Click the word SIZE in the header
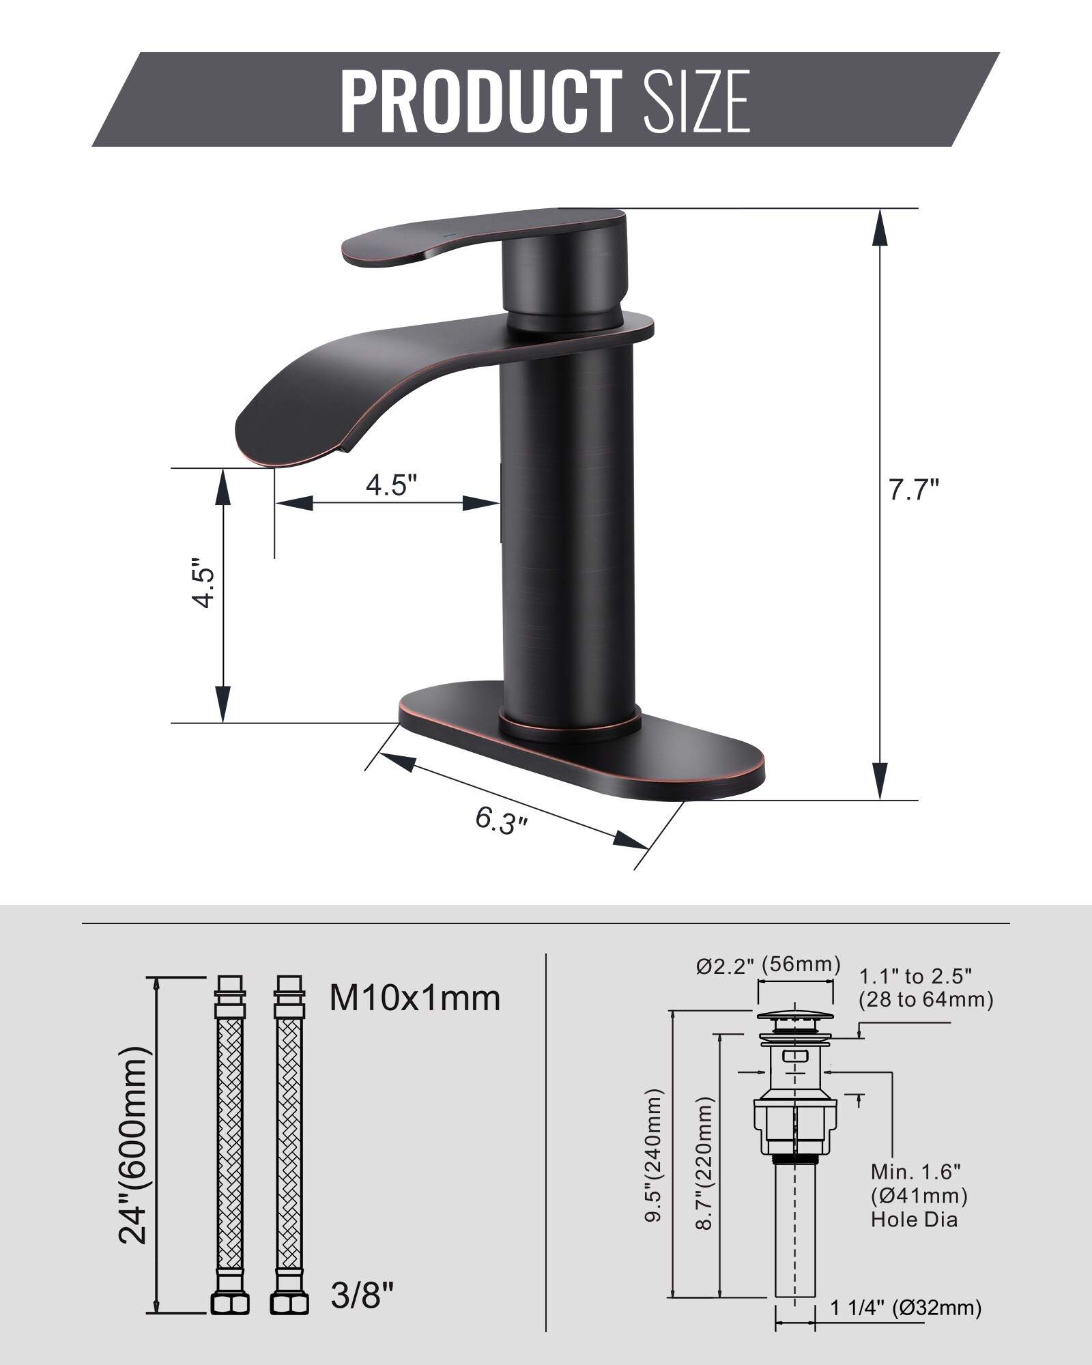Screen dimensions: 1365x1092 pyautogui.click(x=697, y=100)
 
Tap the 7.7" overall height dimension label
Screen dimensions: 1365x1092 pyautogui.click(x=914, y=490)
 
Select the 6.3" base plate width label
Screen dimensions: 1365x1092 pyautogui.click(x=502, y=819)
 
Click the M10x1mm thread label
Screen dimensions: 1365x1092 pyautogui.click(x=415, y=998)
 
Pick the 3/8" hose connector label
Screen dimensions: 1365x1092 pyautogui.click(x=362, y=1295)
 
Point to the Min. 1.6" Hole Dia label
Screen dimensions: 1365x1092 pyautogui.click(x=918, y=1195)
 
